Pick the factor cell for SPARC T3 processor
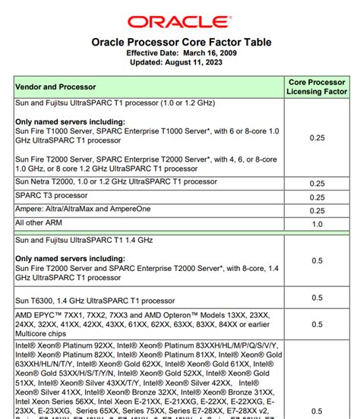click(x=317, y=197)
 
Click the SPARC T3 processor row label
click(x=52, y=197)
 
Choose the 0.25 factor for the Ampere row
click(x=317, y=210)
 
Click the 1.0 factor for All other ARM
click(x=317, y=224)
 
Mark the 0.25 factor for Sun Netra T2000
click(x=317, y=183)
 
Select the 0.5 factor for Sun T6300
click(x=317, y=298)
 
